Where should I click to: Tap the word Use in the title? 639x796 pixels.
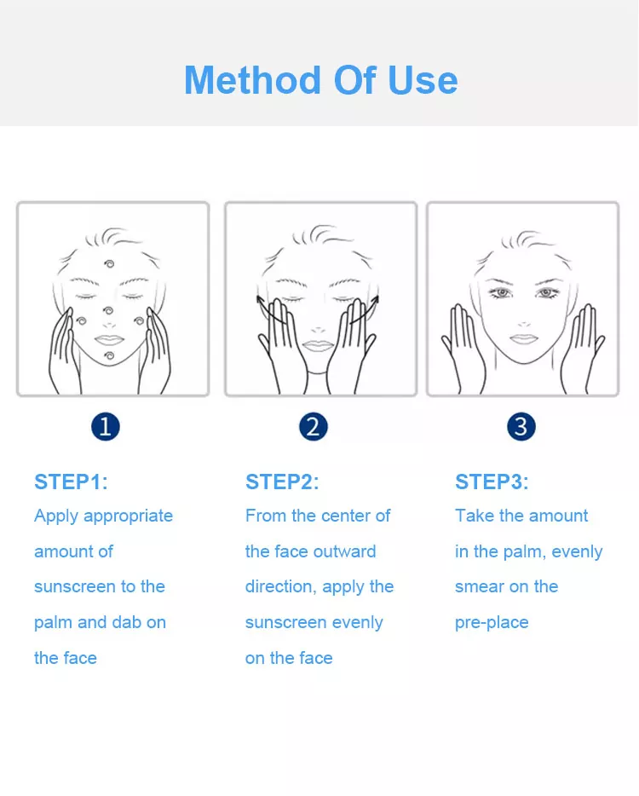tap(423, 80)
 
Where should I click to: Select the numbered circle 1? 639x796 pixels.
tap(106, 426)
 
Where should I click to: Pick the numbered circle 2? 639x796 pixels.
tap(314, 426)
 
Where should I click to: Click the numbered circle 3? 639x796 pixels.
tap(521, 426)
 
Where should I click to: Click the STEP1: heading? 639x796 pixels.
tap(71, 482)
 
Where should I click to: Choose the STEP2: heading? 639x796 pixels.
tap(282, 482)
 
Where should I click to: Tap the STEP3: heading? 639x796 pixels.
tap(492, 482)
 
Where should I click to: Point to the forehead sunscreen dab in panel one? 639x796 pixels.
tap(108, 264)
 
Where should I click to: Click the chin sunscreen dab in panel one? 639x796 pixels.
tap(108, 355)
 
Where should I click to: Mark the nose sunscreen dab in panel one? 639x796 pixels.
tap(107, 311)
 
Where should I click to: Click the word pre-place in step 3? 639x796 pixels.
tap(492, 623)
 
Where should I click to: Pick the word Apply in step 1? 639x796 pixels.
tap(56, 516)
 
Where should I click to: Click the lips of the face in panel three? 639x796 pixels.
tap(523, 338)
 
